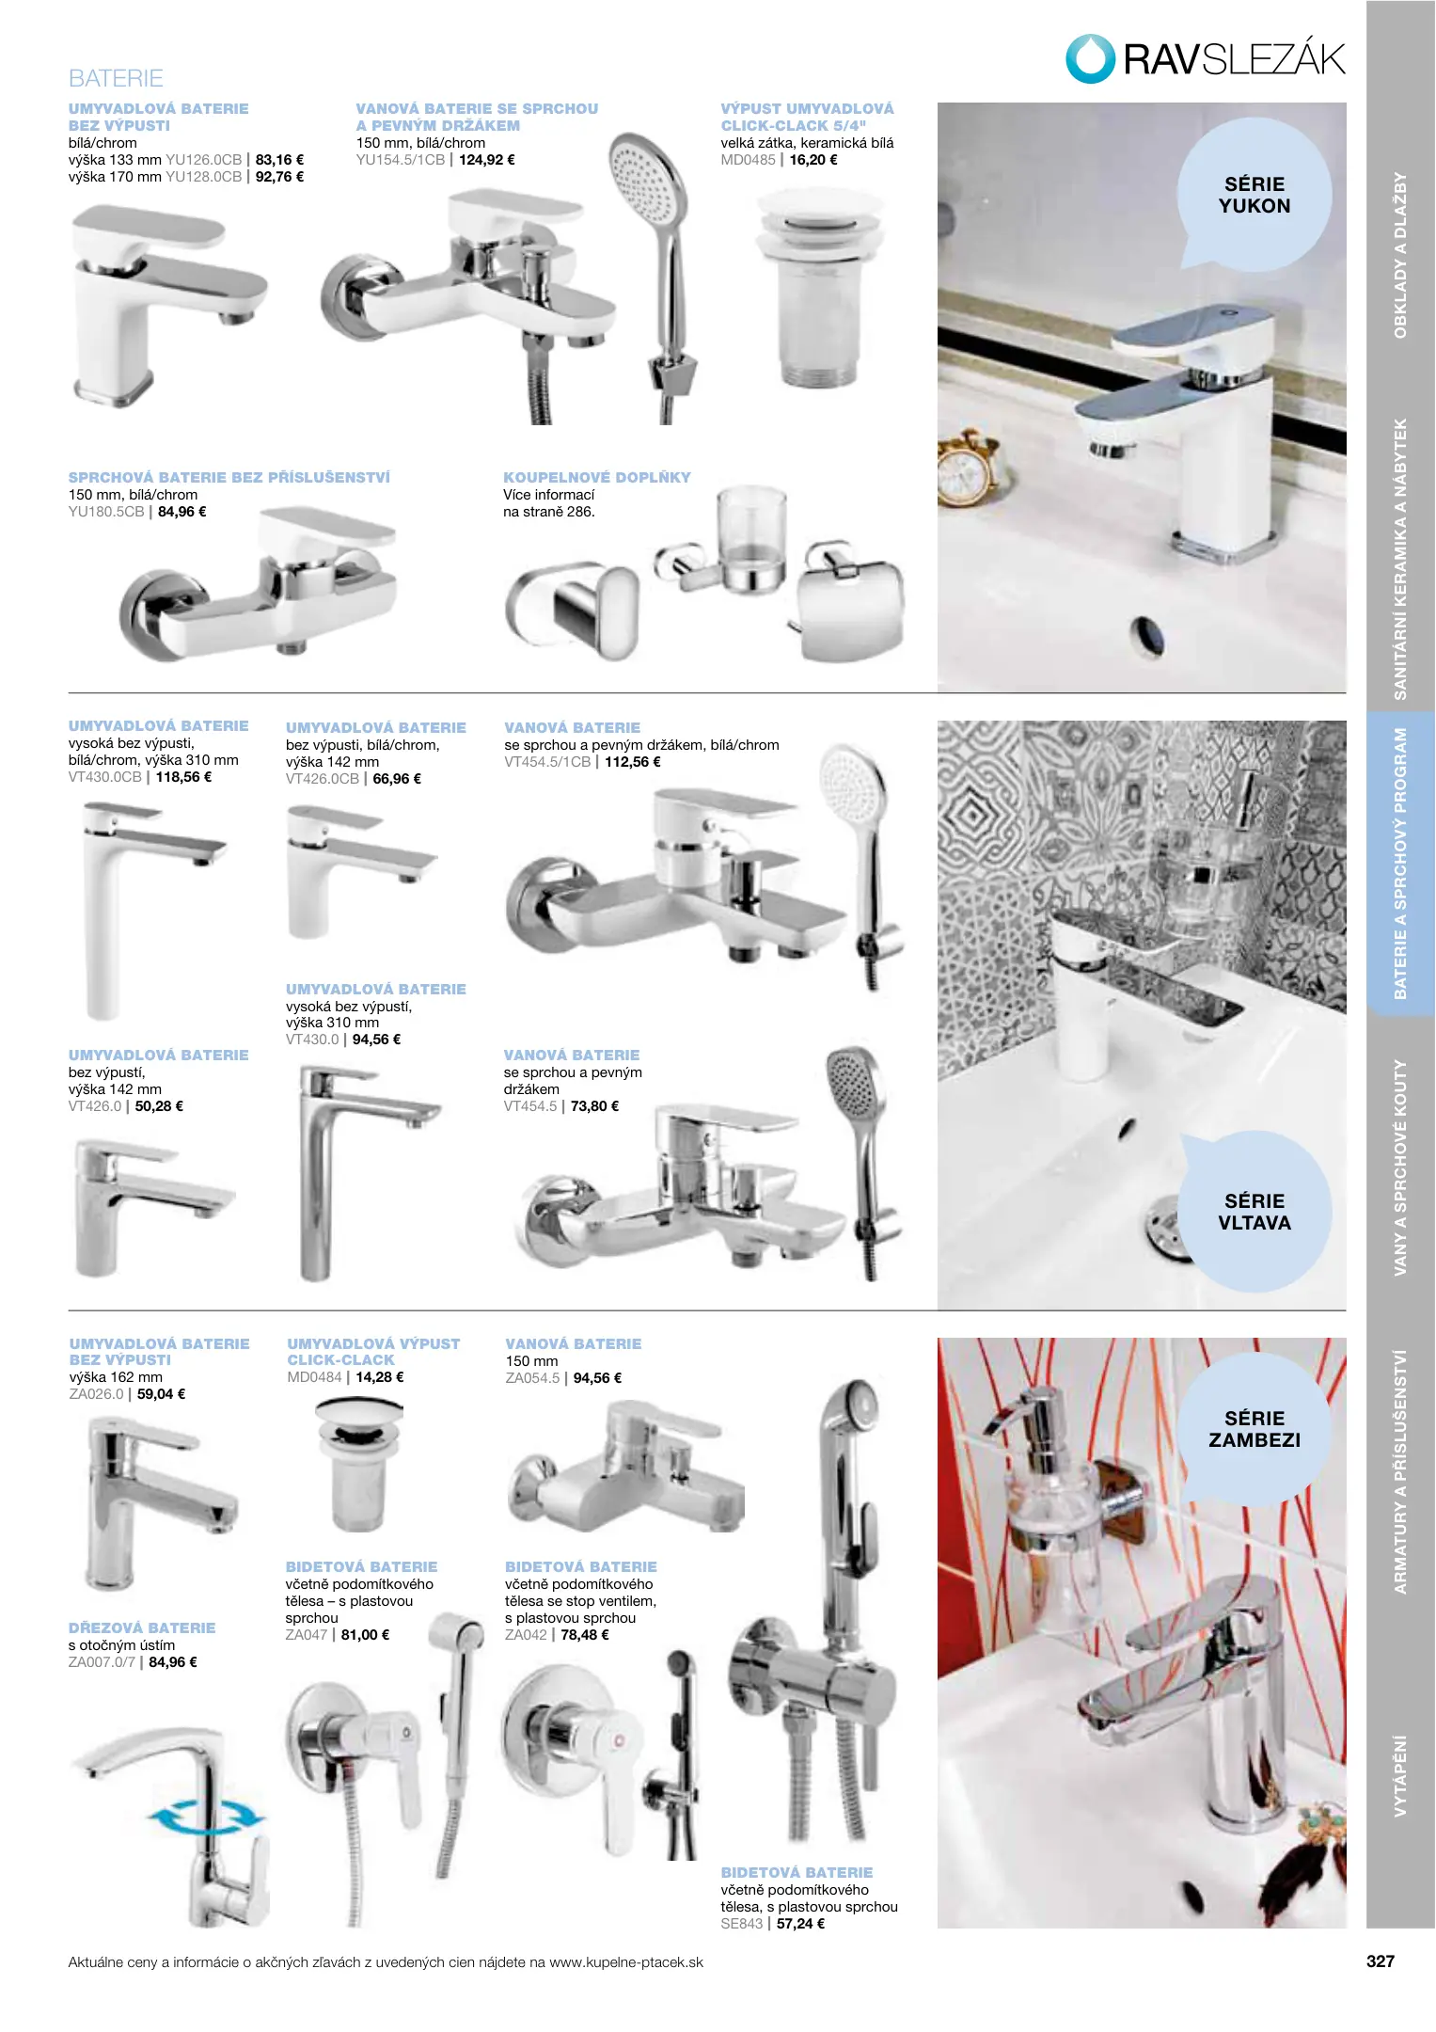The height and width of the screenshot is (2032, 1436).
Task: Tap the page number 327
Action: [1380, 1961]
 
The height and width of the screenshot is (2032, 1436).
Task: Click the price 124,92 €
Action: [487, 160]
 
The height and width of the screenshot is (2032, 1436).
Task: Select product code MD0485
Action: [749, 160]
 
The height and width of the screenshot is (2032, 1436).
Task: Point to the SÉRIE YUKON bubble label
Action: [1255, 195]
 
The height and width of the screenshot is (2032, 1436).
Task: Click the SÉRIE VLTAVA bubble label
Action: [1255, 1212]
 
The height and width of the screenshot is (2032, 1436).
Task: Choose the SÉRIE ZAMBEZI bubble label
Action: [1255, 1429]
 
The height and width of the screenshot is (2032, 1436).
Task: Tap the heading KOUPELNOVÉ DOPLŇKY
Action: [597, 478]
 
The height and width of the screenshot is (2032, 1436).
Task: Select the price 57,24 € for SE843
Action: [800, 1924]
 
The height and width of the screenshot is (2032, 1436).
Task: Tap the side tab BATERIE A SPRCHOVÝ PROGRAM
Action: [1400, 864]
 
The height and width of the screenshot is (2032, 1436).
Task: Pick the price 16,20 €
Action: [813, 160]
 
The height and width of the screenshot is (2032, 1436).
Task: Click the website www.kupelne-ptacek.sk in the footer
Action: [626, 1962]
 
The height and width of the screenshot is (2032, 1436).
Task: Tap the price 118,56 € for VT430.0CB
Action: [183, 777]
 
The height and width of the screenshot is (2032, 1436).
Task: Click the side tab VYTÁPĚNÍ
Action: [1400, 1776]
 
